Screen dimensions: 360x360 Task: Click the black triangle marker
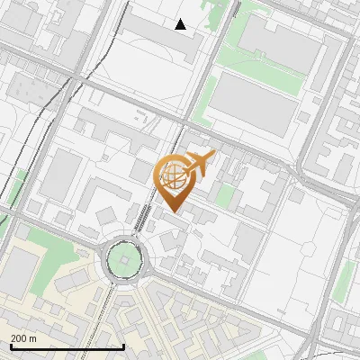pos(181,24)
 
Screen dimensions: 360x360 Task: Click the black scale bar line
pos(67,346)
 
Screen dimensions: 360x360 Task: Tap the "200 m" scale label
pos(24,337)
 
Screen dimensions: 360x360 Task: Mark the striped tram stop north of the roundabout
pos(141,219)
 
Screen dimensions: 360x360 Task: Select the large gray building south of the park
pos(253,107)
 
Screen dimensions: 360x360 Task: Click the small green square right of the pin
pos(225,196)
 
